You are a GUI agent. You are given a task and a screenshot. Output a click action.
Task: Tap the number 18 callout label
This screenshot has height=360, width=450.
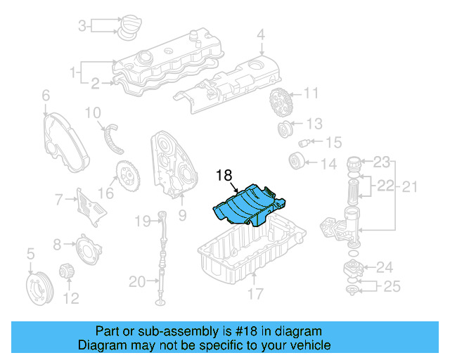[224, 176]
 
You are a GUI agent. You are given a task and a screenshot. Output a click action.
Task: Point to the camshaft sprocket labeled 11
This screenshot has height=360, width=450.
[280, 104]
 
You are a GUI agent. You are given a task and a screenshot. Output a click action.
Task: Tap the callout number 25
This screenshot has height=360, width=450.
[391, 286]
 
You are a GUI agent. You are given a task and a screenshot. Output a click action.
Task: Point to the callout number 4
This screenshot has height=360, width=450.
[261, 34]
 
